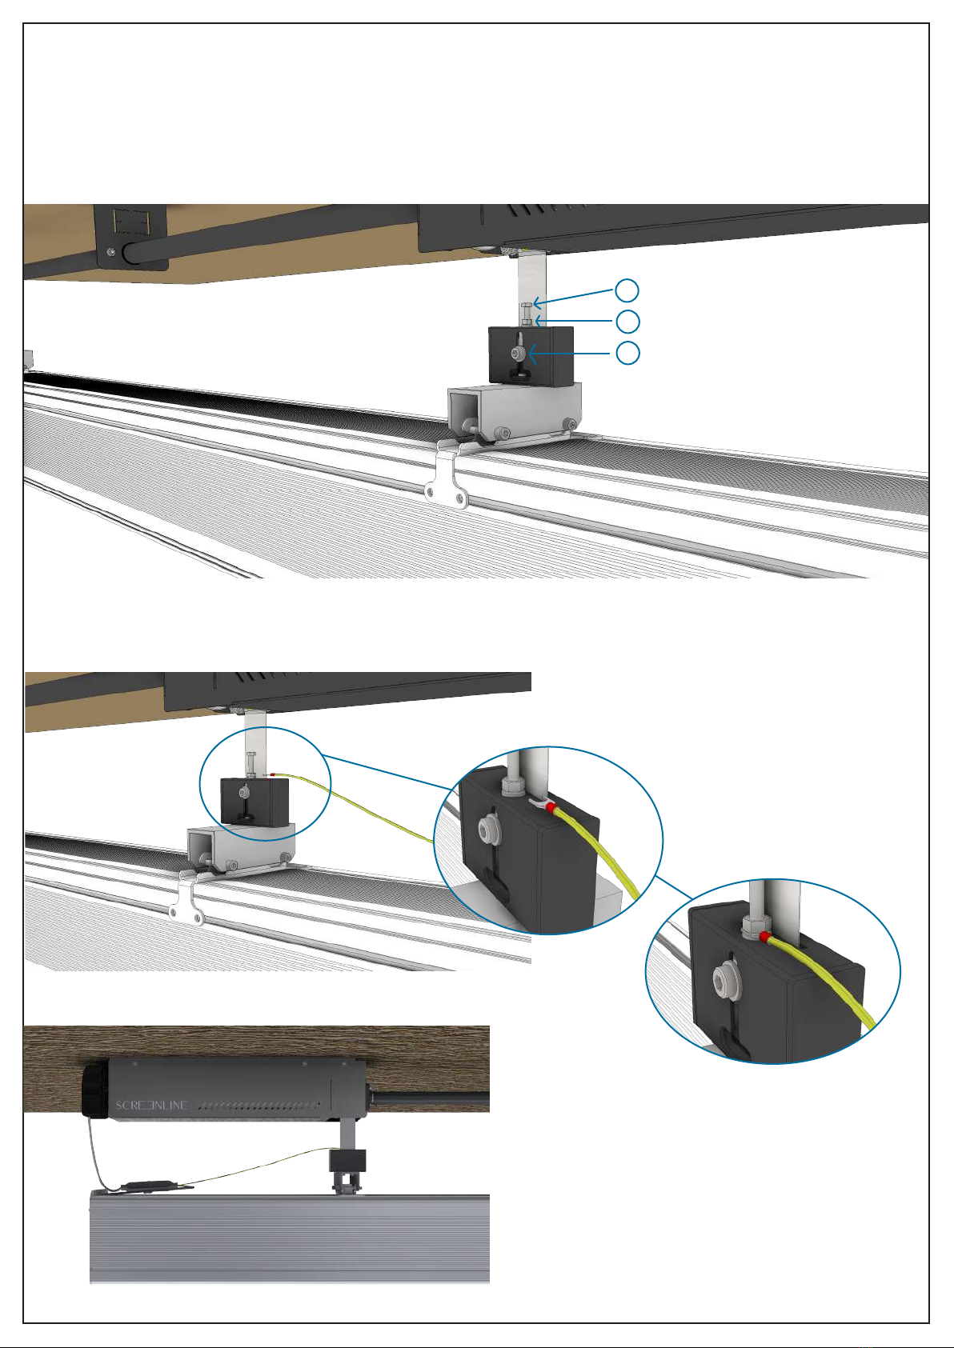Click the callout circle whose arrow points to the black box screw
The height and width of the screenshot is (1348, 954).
pos(627,353)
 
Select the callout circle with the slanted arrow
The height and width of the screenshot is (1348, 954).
pos(627,290)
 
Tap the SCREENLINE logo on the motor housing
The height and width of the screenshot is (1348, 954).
pos(151,1106)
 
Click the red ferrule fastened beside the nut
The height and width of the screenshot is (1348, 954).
pos(764,936)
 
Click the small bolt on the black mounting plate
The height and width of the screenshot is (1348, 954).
pos(110,251)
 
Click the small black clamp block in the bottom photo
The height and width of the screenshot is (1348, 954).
pos(347,1160)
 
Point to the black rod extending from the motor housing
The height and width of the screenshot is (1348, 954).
pos(430,1098)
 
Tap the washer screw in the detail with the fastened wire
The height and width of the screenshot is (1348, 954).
pos(722,975)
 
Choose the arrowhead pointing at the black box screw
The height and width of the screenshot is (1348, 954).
pos(533,354)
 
